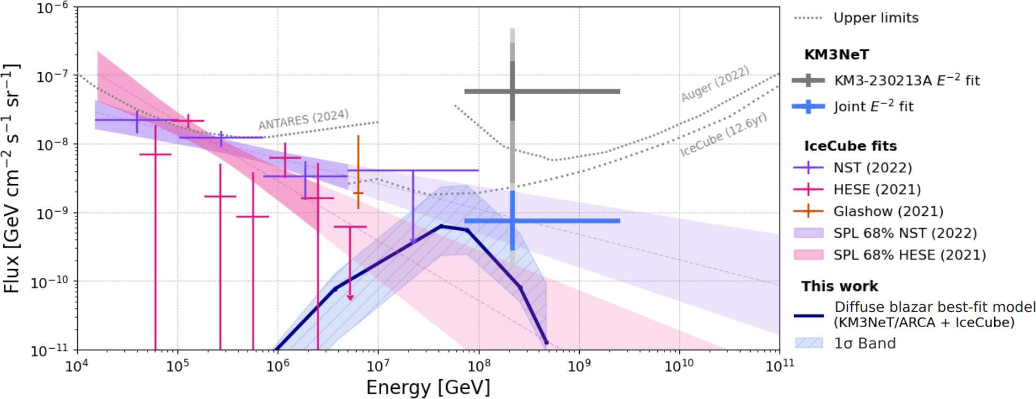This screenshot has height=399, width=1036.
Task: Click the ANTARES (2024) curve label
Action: (304, 119)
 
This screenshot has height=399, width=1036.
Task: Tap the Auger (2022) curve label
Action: (714, 84)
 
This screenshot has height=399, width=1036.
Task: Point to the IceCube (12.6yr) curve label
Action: (723, 135)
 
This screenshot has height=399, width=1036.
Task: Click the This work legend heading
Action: (840, 287)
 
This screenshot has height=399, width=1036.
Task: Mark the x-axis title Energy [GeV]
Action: (428, 387)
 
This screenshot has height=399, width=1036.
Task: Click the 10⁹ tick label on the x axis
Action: (579, 365)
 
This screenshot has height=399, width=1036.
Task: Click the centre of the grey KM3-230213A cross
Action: (512, 92)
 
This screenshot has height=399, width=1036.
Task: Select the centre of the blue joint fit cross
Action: (512, 221)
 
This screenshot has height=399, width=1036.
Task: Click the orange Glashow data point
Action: (358, 193)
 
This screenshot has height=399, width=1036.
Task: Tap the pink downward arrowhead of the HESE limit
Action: (350, 297)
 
